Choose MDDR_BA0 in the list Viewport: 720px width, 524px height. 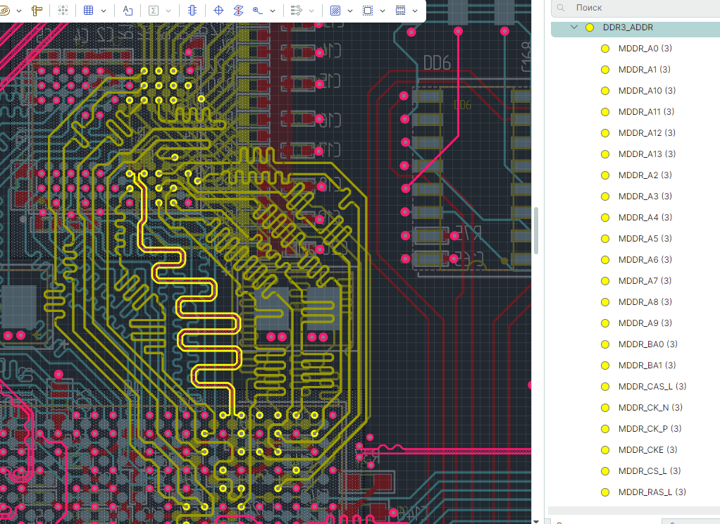640,344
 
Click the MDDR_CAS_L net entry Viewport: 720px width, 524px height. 645,387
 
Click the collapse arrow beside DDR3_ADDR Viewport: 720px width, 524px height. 573,27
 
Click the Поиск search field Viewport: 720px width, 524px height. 634,8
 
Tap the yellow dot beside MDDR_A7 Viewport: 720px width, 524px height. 604,281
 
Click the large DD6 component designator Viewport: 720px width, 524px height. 437,63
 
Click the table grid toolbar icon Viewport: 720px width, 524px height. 89,11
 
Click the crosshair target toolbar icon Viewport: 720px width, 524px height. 218,11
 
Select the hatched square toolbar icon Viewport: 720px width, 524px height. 335,11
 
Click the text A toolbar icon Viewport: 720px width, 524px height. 128,11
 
